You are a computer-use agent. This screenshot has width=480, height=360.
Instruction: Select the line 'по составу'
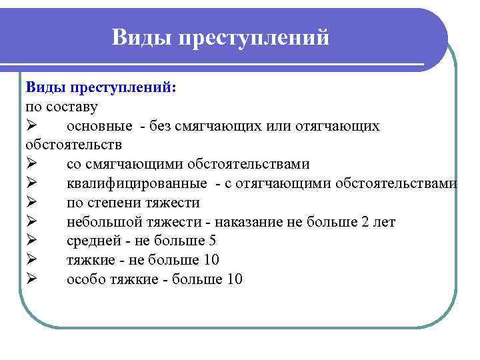pyautogui.click(x=61, y=107)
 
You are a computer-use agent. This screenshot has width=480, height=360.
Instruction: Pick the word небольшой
pyautogui.click(x=100, y=222)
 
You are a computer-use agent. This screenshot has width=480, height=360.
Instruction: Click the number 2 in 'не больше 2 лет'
pyautogui.click(x=365, y=222)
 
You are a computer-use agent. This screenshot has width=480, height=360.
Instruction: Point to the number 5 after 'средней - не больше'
pyautogui.click(x=212, y=241)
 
